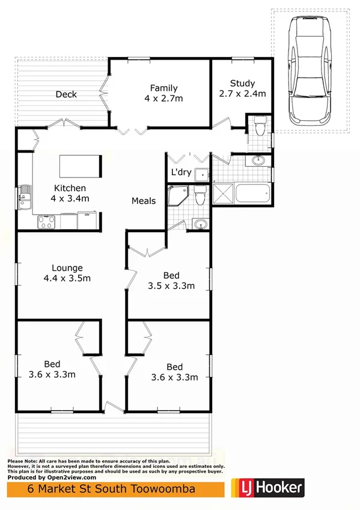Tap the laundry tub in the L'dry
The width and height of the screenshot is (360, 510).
pyautogui.click(x=203, y=174)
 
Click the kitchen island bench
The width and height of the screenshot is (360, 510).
pyautogui.click(x=79, y=164)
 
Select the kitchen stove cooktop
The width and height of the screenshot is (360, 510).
pyautogui.click(x=46, y=222)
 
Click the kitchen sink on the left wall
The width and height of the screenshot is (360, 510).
pyautogui.click(x=25, y=196)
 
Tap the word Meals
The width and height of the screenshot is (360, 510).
pyautogui.click(x=144, y=201)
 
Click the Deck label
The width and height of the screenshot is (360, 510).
pyautogui.click(x=66, y=94)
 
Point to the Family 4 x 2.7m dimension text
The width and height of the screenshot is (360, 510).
pyautogui.click(x=163, y=98)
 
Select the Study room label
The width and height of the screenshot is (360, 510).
pyautogui.click(x=242, y=84)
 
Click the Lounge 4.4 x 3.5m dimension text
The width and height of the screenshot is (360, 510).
pyautogui.click(x=67, y=278)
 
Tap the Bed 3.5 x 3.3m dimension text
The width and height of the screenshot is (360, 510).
pyautogui.click(x=171, y=286)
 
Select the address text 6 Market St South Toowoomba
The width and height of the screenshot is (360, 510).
pyautogui.click(x=112, y=490)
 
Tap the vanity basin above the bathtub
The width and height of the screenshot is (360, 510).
pyautogui.click(x=258, y=160)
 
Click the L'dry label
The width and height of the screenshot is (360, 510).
pyautogui.click(x=181, y=173)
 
